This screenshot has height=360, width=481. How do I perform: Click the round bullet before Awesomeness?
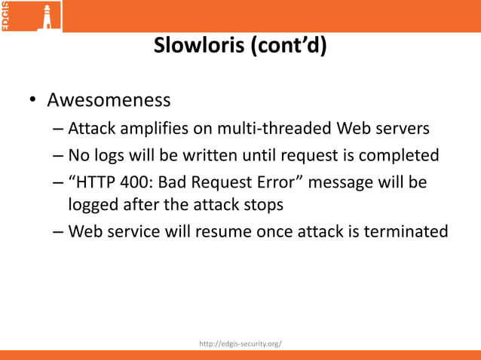[33, 102]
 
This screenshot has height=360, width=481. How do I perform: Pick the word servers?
[403, 129]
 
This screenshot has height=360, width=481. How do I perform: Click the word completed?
[401, 156]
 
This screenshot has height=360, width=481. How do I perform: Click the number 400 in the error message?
[139, 183]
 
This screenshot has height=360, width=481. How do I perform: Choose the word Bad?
[176, 183]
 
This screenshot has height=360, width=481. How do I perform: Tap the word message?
[343, 183]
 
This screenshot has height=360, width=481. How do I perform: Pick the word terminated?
[406, 231]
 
